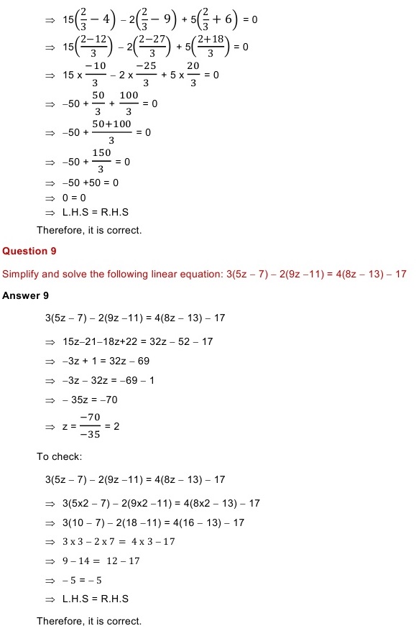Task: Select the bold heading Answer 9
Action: [25, 295]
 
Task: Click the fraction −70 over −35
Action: [89, 426]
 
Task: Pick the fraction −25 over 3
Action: [146, 75]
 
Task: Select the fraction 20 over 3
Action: [193, 75]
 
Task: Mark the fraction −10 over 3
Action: [90, 75]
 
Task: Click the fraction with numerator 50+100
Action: [111, 132]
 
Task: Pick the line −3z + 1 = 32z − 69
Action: [106, 361]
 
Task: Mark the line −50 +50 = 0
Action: [90, 183]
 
